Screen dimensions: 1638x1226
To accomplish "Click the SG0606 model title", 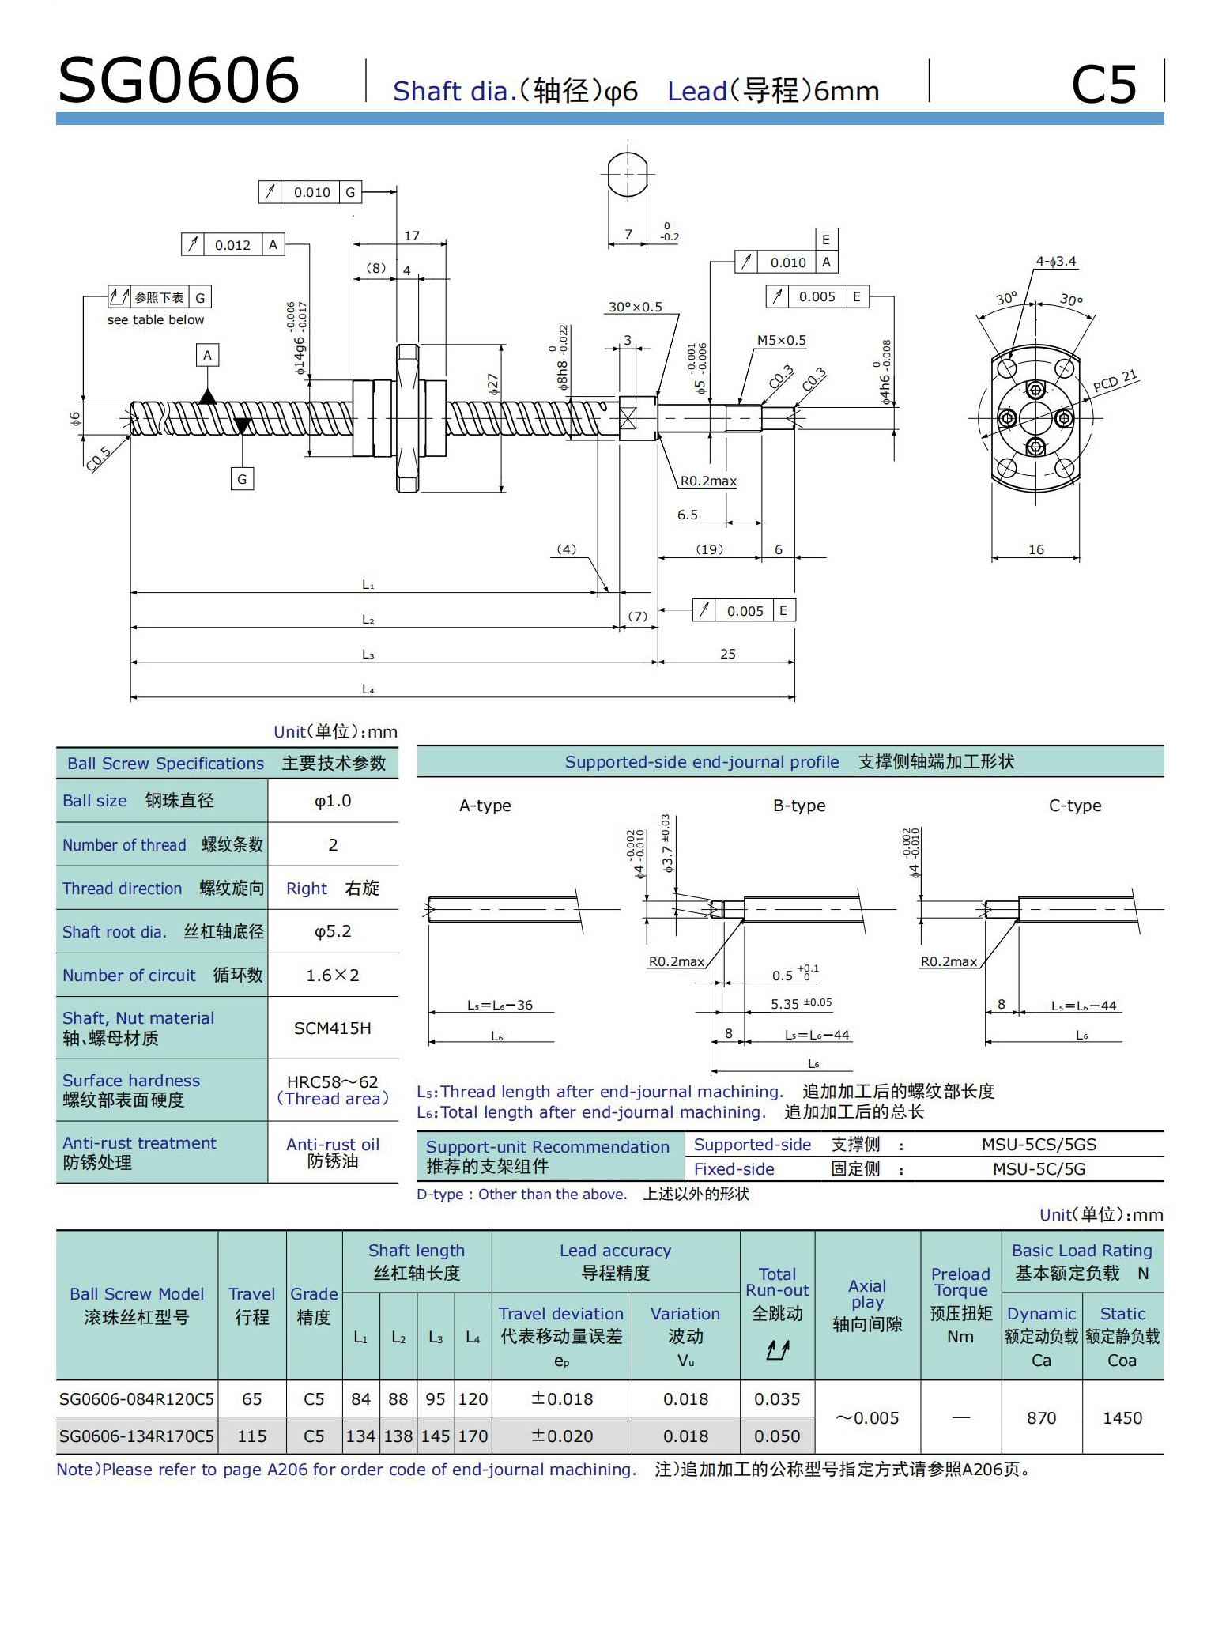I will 179,81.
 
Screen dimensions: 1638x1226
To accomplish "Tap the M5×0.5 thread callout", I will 781,341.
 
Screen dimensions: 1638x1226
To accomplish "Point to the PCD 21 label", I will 1115,381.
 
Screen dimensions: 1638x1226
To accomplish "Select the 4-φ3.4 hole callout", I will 1056,262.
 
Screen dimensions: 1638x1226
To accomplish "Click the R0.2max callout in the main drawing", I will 708,481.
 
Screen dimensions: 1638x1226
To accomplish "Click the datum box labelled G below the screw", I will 242,479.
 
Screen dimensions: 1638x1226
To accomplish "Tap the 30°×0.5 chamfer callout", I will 635,307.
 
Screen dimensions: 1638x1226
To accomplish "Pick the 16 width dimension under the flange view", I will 1035,549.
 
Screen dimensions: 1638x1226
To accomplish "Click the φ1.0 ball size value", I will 333,801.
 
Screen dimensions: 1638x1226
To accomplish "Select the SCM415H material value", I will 332,1028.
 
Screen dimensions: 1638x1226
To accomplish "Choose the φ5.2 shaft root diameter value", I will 333,931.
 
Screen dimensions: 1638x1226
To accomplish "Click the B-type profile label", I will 798,806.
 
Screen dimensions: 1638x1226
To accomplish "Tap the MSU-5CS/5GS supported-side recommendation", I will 1039,1145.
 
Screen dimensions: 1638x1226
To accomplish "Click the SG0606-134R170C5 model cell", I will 137,1436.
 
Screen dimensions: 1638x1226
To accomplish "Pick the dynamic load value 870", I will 1041,1418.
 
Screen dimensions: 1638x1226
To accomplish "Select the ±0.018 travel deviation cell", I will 561,1399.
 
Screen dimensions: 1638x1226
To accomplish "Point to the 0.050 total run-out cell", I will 777,1436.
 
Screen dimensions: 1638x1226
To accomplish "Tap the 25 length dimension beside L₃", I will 727,654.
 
